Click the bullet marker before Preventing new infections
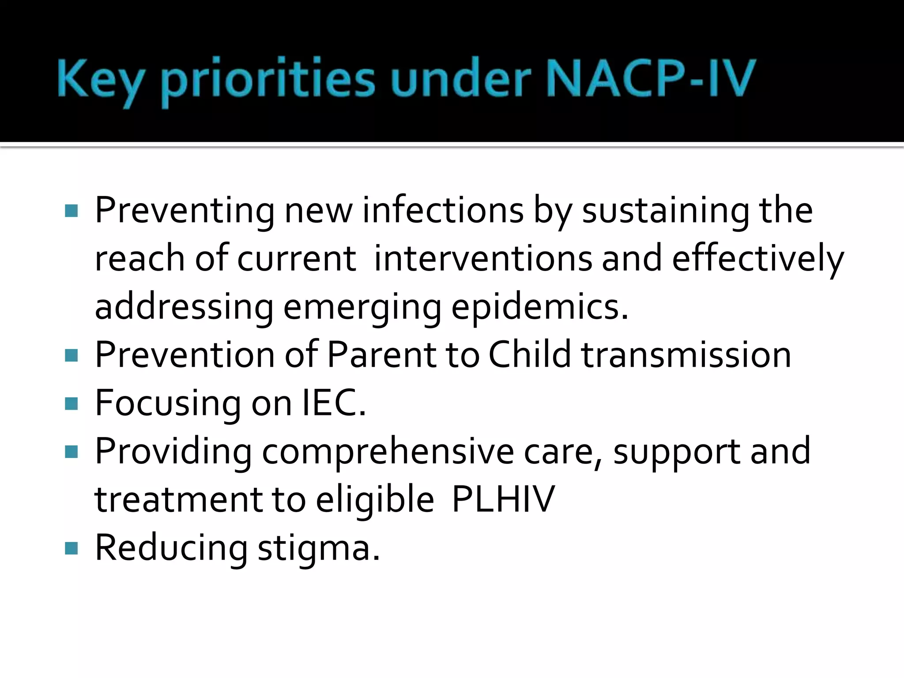(71, 211)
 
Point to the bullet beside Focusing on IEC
(71, 403)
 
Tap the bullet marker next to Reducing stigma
(71, 548)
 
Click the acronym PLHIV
(503, 499)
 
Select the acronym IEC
(334, 403)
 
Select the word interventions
(483, 258)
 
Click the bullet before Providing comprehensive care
(71, 452)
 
